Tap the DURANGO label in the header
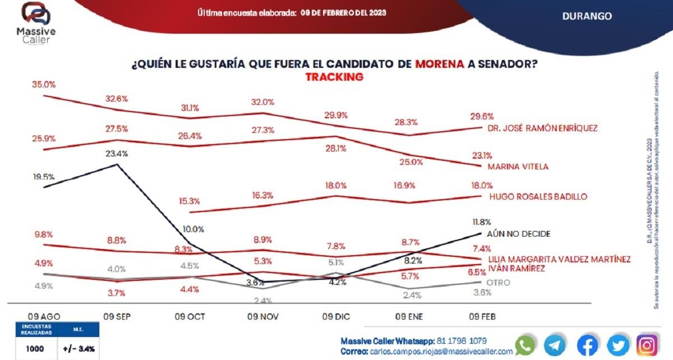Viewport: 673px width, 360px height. click(x=587, y=16)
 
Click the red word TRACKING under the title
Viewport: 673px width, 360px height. click(x=334, y=77)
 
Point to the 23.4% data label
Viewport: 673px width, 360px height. click(x=117, y=153)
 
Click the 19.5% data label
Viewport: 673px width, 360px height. click(x=44, y=177)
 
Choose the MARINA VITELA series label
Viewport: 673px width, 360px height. click(x=518, y=167)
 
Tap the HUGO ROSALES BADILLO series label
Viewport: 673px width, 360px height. click(x=538, y=197)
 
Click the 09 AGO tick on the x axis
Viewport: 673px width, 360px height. click(x=44, y=316)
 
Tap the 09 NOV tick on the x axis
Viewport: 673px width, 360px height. click(x=260, y=316)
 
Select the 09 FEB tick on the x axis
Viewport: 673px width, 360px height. click(x=482, y=316)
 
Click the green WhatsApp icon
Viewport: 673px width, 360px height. click(x=525, y=345)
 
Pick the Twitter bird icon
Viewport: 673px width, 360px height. click(x=617, y=345)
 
